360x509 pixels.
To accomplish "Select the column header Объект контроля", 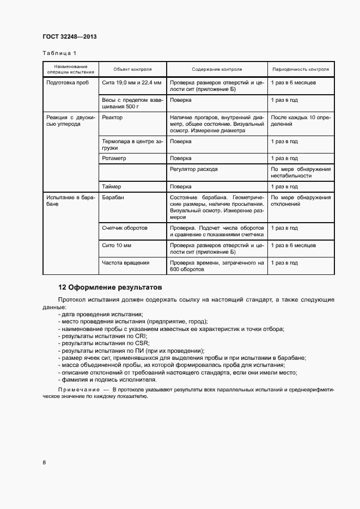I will (132, 70).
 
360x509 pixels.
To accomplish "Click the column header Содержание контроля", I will (217, 70).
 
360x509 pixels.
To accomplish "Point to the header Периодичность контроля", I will (301, 70).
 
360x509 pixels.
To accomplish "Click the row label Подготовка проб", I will (68, 82).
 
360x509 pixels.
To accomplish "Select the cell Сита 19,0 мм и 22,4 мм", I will (131, 82).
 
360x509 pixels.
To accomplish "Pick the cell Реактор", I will (112, 117).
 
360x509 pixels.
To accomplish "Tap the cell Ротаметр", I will (114, 158).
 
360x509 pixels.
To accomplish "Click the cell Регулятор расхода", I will (193, 169).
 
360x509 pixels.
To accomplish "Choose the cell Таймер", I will (111, 186).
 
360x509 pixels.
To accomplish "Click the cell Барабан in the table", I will (113, 197).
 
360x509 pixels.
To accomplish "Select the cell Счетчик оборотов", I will (125, 228).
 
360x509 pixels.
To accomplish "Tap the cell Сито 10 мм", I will (117, 246).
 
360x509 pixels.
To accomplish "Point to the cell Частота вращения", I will (125, 263).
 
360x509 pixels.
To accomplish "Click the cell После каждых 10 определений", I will (301, 120).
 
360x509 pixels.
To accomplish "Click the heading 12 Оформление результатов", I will (110, 287).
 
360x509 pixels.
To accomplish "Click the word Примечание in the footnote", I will (79, 389).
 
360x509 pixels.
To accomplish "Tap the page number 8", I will (44, 463).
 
